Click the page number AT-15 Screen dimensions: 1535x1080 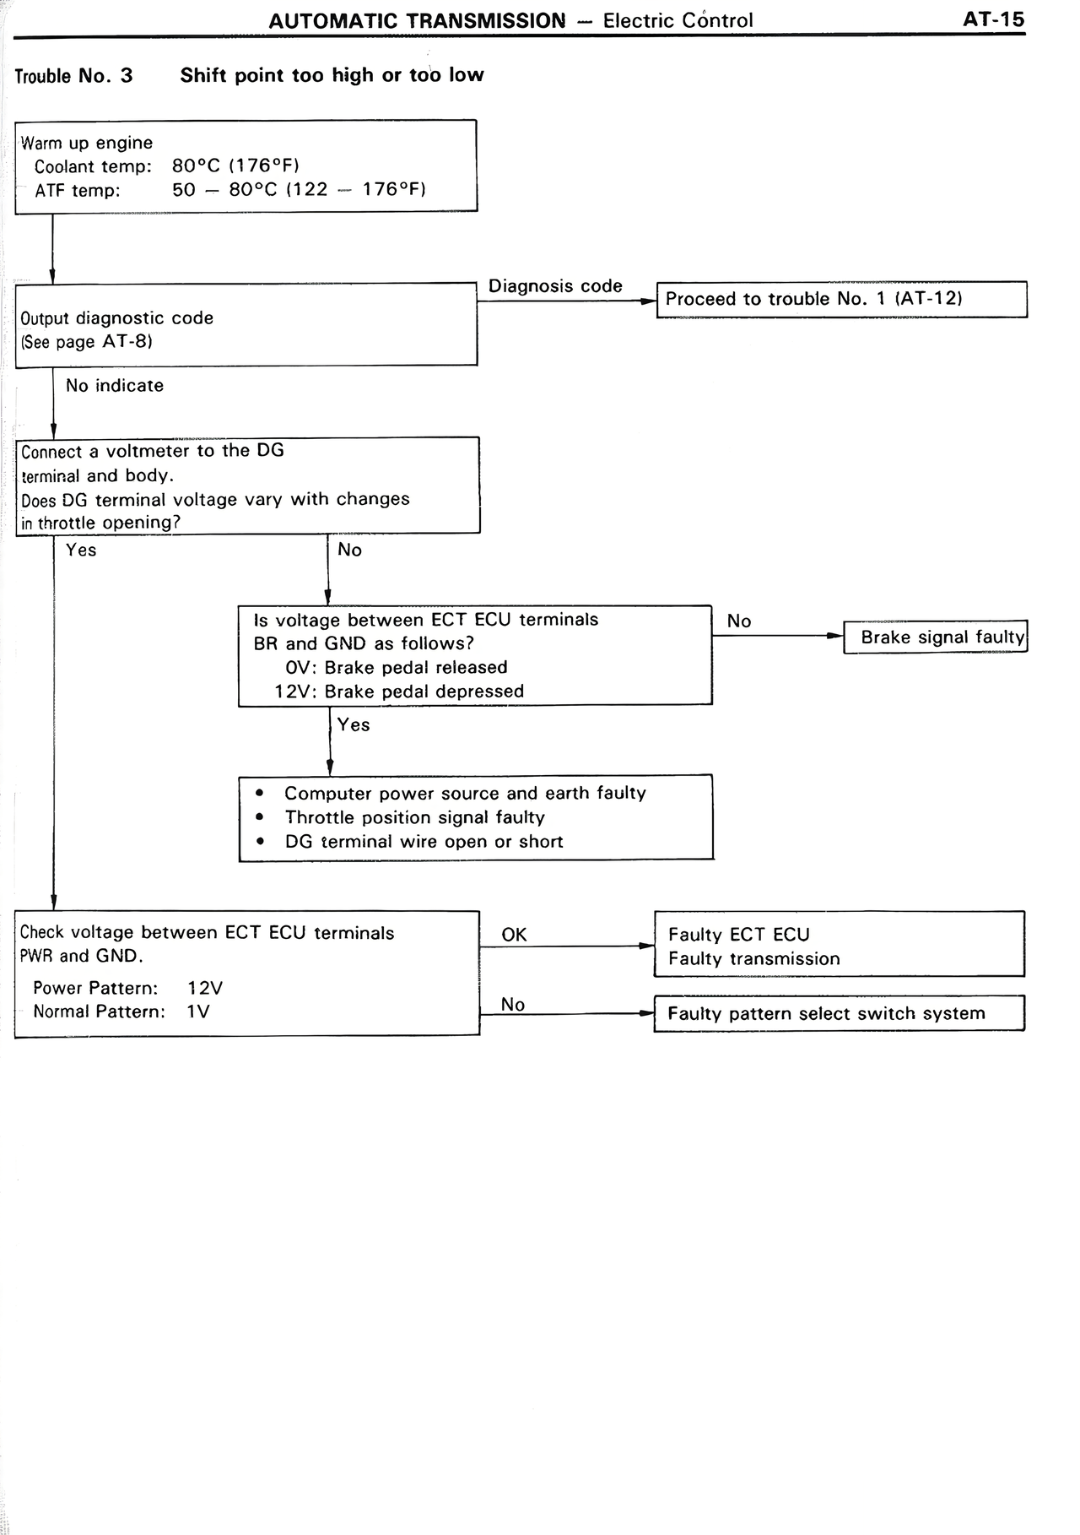993,19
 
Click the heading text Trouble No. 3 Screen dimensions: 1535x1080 74,76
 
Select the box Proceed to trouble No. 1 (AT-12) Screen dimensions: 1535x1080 841,299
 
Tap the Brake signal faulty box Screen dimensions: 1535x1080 936,637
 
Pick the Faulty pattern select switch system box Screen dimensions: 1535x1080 839,1013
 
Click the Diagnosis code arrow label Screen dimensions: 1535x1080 555,286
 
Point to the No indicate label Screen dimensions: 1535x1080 115,386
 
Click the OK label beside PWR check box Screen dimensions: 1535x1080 514,935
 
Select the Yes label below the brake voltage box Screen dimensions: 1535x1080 354,725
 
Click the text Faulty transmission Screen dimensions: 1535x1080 754,959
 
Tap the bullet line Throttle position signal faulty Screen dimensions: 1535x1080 414,817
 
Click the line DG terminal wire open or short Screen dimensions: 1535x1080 424,842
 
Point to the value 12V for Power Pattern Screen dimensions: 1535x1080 205,988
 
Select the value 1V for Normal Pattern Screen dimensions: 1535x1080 198,1012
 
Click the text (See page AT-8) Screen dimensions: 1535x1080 86,342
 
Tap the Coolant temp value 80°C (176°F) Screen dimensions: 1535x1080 235,166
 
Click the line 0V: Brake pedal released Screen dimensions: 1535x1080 397,668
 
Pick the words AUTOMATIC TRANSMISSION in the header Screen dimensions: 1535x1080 417,20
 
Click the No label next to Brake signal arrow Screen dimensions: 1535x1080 738,621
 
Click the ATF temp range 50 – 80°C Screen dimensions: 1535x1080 224,190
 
